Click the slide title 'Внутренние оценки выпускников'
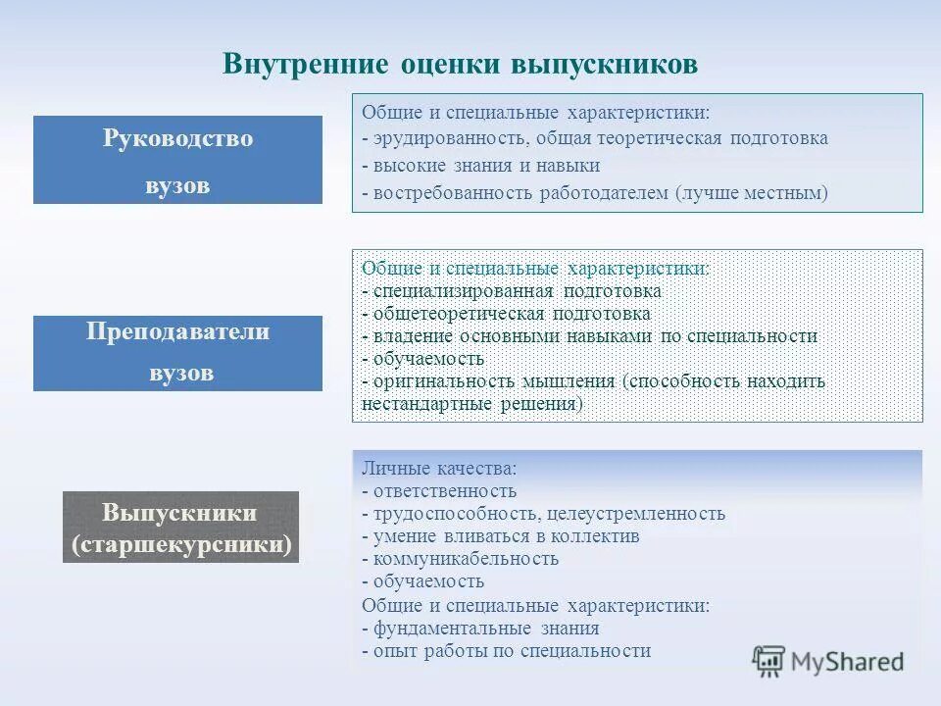click(460, 65)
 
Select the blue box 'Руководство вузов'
click(177, 160)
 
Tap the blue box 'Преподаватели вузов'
click(177, 353)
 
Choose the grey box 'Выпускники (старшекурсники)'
click(180, 528)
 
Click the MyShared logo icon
click(769, 662)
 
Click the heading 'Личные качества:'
click(439, 469)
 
